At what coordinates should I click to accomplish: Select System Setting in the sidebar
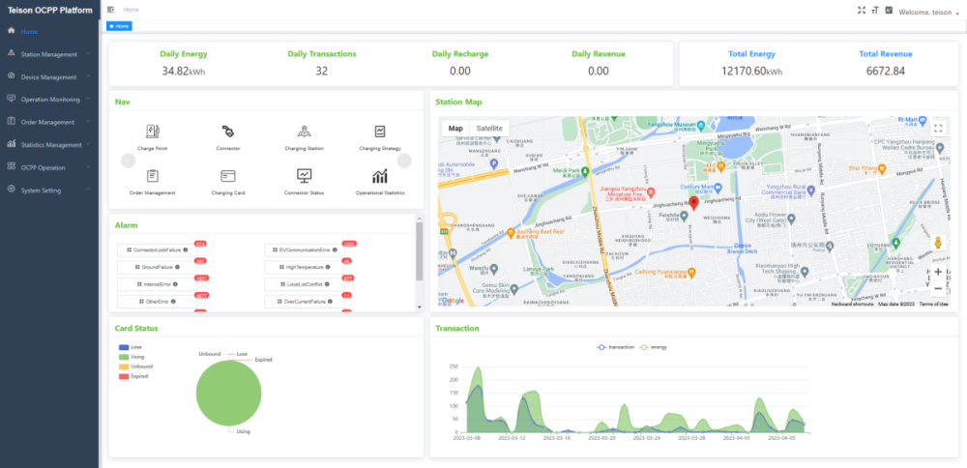point(41,190)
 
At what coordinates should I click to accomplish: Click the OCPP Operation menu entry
point(43,167)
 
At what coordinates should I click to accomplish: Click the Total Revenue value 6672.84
point(885,71)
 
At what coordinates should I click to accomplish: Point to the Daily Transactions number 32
point(321,71)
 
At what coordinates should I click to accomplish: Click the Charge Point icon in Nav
point(153,132)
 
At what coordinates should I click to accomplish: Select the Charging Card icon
point(228,176)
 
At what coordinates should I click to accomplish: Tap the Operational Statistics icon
point(380,176)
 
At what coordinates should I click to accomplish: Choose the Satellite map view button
point(489,128)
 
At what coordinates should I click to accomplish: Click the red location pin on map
point(692,203)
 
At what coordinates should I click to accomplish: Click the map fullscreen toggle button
point(937,128)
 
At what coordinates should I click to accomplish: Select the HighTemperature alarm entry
point(301,266)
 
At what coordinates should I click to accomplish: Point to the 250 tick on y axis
point(453,366)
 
